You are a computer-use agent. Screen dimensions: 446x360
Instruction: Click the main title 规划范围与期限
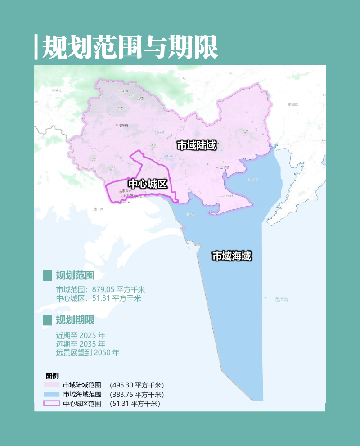130,46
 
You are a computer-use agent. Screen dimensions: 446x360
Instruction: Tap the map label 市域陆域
197,145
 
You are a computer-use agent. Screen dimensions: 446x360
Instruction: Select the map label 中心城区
148,184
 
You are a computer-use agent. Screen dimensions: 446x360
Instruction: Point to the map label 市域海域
231,256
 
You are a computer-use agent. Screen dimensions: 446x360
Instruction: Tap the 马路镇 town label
123,126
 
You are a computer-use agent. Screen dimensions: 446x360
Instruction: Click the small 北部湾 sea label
281,299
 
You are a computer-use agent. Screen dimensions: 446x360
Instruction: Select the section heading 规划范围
75,275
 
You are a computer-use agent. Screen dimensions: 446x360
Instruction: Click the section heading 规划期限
75,320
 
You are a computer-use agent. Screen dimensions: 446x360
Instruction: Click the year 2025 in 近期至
88,335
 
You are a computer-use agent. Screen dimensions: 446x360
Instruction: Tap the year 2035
88,344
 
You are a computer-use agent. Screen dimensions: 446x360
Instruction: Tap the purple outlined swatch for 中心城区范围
51,403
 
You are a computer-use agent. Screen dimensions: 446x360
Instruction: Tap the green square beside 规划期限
48,320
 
